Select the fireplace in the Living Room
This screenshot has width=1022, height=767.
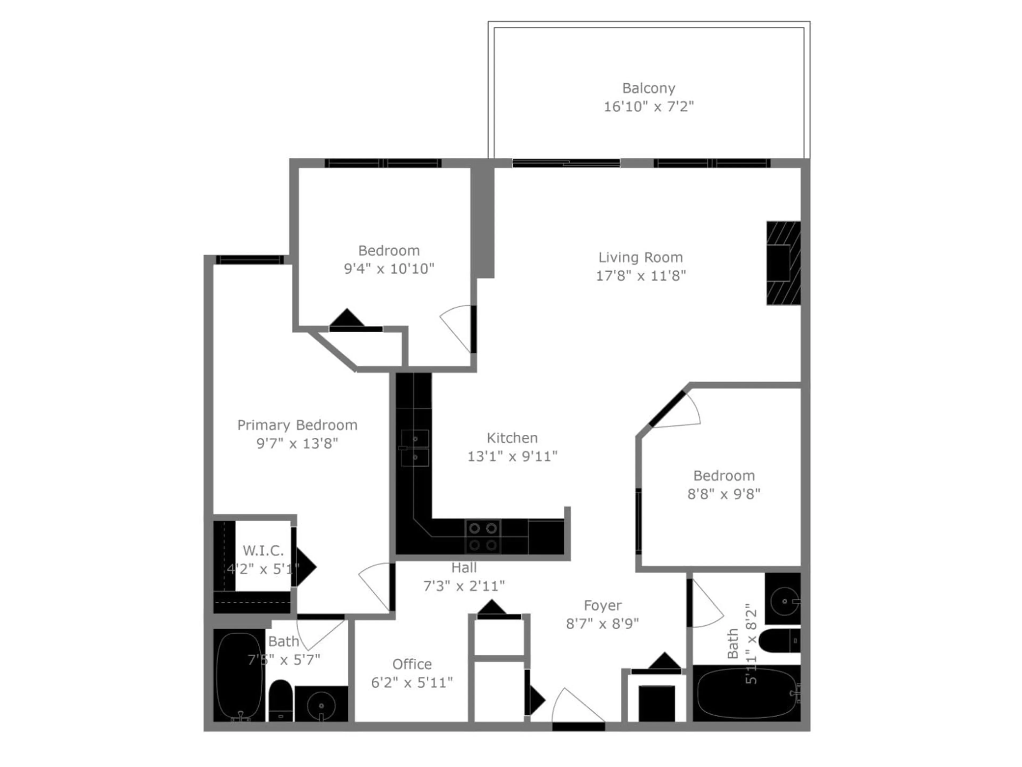click(x=783, y=263)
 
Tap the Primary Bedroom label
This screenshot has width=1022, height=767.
click(x=297, y=425)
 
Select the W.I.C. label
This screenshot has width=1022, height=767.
click(x=263, y=550)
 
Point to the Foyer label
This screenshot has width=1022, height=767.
click(x=603, y=605)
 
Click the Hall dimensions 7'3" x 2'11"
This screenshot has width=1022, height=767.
click(x=464, y=586)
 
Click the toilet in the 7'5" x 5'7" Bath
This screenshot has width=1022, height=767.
click(x=281, y=700)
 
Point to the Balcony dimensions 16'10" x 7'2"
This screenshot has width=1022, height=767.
click(x=648, y=107)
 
